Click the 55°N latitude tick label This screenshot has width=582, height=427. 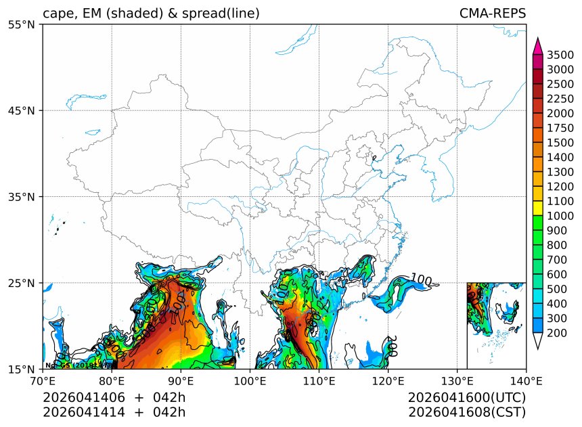pos(25,24)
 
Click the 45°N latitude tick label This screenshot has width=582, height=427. pos(25,110)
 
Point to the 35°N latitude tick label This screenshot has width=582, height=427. pos(25,197)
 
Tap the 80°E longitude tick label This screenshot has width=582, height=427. pos(112,381)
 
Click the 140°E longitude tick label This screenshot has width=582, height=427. pos(526,381)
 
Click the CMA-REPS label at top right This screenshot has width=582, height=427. pos(492,14)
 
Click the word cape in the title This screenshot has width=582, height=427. pos(57,14)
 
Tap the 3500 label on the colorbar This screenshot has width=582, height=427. pos(560,55)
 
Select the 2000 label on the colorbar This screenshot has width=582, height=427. pos(560,113)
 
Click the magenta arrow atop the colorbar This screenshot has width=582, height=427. pos(538,46)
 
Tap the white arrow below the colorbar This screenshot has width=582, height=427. pos(538,342)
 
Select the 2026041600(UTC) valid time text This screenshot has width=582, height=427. pos(467,397)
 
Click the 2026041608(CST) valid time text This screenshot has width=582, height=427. pos(467,411)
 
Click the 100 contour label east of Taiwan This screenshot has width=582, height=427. pos(421,280)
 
